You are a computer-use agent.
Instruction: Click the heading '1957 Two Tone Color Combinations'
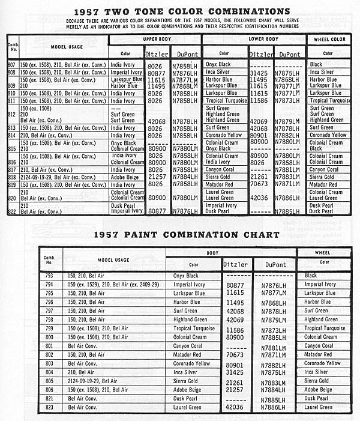click(181, 11)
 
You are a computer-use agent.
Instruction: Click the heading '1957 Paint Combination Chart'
click(181, 234)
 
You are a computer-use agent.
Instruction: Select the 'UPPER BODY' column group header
click(154, 39)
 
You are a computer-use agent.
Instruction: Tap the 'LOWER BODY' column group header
click(254, 39)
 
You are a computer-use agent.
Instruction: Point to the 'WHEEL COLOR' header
click(329, 39)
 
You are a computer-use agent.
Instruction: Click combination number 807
click(11, 64)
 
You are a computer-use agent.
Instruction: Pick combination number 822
click(11, 211)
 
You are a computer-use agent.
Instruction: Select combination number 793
click(50, 276)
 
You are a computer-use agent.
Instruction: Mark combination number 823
click(50, 407)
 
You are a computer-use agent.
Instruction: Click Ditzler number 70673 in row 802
click(235, 355)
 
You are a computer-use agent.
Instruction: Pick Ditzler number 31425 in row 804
click(235, 372)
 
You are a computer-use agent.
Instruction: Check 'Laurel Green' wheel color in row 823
click(318, 407)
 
